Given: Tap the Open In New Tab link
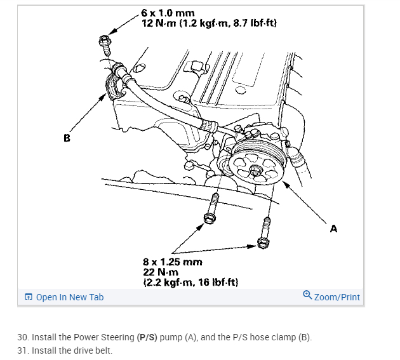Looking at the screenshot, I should (70, 297).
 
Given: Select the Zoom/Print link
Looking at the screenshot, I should (337, 297).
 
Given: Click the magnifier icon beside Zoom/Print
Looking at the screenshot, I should (308, 296).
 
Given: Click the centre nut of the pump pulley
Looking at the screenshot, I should (255, 170).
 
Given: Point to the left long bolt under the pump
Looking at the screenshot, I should (211, 209).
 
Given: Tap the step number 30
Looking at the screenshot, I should (23, 337).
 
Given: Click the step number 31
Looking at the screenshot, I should (23, 350).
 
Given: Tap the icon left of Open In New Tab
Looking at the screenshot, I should (29, 297).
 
